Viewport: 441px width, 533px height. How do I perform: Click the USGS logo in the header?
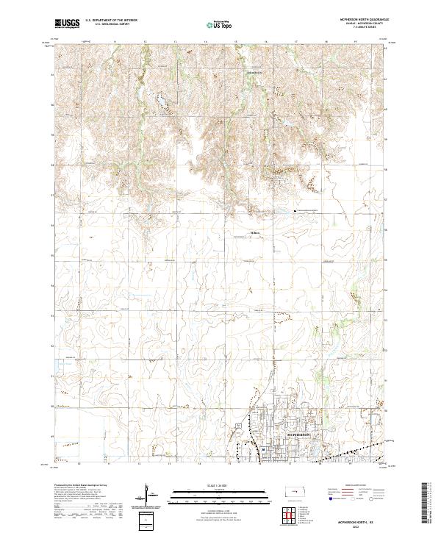point(67,24)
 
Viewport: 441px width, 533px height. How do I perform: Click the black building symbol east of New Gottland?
point(296,211)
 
